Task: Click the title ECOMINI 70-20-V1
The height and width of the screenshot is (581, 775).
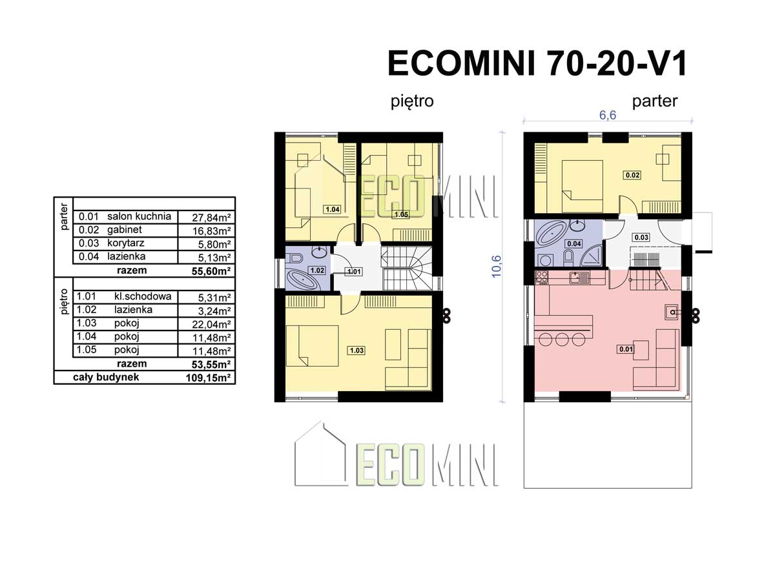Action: [537, 63]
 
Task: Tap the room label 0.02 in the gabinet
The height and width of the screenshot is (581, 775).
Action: [632, 175]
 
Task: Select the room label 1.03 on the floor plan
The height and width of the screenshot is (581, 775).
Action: [356, 351]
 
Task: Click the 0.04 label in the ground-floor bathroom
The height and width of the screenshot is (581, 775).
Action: [573, 243]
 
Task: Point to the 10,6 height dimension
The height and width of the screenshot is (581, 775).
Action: [496, 267]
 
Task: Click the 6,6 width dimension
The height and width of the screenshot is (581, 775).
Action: [608, 116]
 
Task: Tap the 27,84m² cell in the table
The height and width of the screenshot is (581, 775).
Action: [211, 218]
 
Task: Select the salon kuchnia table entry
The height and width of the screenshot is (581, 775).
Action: [139, 216]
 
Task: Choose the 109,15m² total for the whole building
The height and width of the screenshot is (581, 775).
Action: [209, 378]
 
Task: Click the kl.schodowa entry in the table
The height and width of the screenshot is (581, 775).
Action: [143, 296]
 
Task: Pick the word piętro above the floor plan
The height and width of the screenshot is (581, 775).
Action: [412, 102]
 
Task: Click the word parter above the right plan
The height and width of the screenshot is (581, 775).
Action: [655, 101]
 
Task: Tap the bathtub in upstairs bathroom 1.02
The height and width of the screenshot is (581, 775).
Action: [302, 280]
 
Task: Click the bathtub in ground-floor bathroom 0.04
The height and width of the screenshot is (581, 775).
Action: [551, 233]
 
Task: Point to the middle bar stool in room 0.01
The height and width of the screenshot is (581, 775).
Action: [562, 340]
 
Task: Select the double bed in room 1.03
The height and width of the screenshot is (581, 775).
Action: [312, 346]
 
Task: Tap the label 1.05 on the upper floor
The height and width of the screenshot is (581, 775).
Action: [401, 214]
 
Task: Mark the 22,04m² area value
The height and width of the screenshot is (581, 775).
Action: [211, 324]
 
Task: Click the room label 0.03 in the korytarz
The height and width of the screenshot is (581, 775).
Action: [641, 237]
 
